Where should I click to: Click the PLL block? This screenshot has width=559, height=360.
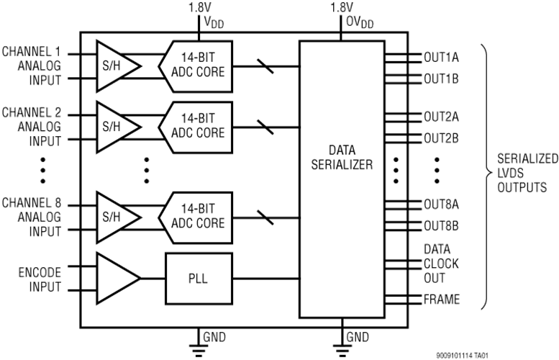click(x=199, y=279)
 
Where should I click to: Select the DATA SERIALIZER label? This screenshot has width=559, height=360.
click(x=342, y=158)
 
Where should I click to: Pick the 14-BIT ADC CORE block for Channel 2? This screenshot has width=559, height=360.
click(x=196, y=127)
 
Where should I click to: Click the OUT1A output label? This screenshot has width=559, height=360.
click(x=441, y=58)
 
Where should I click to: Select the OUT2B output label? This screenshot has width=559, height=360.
click(x=441, y=138)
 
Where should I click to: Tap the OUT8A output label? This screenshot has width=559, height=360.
click(x=441, y=204)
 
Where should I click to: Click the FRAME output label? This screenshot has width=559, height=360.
click(x=441, y=300)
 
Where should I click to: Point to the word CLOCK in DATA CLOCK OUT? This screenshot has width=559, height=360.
click(x=441, y=264)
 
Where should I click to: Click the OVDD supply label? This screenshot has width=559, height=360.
click(x=360, y=22)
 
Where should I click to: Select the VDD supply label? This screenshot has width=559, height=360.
click(x=214, y=22)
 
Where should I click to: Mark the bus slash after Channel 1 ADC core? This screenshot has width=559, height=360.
click(x=265, y=66)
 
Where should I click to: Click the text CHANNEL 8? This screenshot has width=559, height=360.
click(x=32, y=203)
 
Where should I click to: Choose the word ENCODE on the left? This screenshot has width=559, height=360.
click(x=40, y=273)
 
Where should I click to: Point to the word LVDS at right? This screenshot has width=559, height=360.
click(x=511, y=173)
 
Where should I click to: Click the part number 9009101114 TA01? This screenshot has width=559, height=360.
click(x=462, y=356)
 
